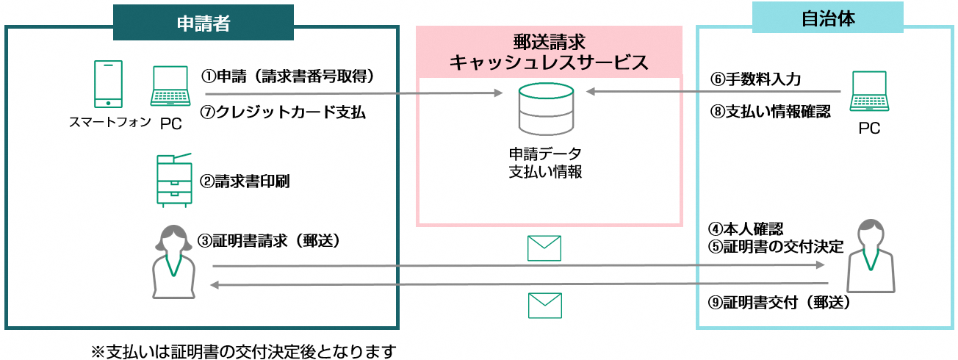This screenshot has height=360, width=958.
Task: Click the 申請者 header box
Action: (204, 23)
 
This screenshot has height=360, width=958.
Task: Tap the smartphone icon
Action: (109, 84)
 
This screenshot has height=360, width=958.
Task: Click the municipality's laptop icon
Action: (869, 91)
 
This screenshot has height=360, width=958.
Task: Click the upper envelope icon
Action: (544, 248)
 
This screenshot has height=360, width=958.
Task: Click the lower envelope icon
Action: (544, 304)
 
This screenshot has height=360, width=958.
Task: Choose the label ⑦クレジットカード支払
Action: (283, 112)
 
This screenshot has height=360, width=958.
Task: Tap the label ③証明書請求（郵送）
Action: (273, 241)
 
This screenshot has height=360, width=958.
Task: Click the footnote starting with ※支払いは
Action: (243, 350)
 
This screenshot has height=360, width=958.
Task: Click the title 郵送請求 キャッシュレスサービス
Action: (549, 51)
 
